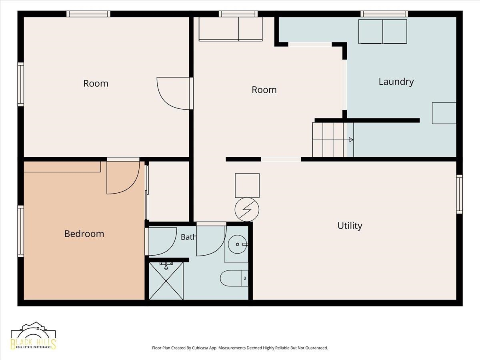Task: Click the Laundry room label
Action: click(396, 82)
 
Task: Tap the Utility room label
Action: click(350, 226)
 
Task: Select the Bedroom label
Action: click(84, 234)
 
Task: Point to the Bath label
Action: click(188, 237)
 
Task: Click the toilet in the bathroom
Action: click(234, 278)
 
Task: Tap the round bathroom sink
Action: click(238, 244)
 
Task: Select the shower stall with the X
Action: click(166, 281)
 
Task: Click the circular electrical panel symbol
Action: click(247, 209)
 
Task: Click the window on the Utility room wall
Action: click(460, 194)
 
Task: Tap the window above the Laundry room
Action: click(384, 14)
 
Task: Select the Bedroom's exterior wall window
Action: click(20, 231)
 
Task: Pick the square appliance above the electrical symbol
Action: click(247, 185)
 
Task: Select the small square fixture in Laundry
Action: click(444, 113)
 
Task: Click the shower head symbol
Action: click(166, 266)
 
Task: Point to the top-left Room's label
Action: click(96, 84)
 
